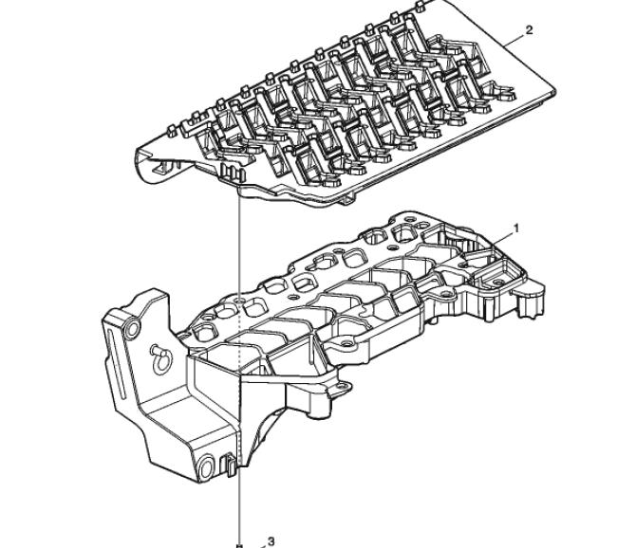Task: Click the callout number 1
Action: (516, 228)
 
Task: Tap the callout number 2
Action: (529, 30)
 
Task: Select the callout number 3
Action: (271, 541)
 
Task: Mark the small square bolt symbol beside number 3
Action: (239, 545)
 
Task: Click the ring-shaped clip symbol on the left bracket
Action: (161, 358)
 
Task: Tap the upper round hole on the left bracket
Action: (132, 329)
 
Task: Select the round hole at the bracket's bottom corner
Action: (206, 467)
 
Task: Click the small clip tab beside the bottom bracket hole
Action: (229, 465)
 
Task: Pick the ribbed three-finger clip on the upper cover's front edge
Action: (233, 174)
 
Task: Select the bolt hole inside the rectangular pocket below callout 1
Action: (497, 281)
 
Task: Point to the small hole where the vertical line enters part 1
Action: (240, 301)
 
